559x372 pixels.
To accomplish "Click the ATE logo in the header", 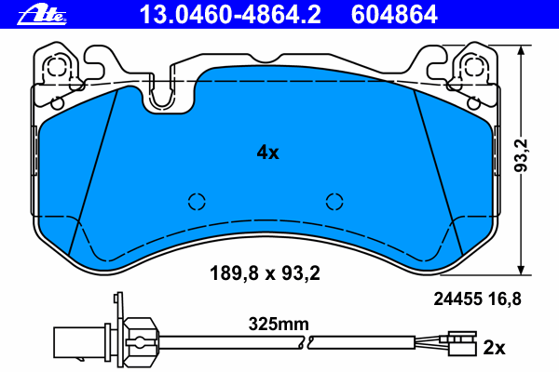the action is pyautogui.click(x=42, y=16).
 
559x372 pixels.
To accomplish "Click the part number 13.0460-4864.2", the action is pyautogui.click(x=230, y=15).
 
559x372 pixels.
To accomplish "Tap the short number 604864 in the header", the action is pyautogui.click(x=394, y=15).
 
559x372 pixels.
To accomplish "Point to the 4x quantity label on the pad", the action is pyautogui.click(x=267, y=153).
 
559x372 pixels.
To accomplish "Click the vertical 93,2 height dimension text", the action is pyautogui.click(x=521, y=155).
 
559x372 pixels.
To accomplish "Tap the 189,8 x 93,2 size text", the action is pyautogui.click(x=265, y=273).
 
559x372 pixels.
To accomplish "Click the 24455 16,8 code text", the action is pyautogui.click(x=477, y=299).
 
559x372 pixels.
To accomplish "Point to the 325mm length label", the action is pyautogui.click(x=279, y=324).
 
